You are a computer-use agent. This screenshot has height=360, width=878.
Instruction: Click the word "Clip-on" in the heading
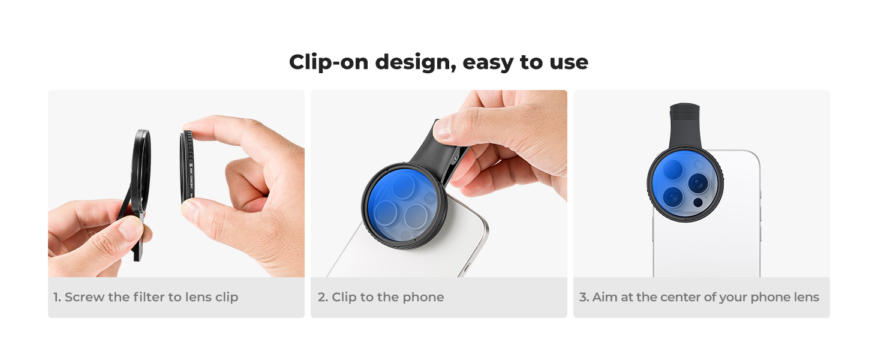tap(329, 62)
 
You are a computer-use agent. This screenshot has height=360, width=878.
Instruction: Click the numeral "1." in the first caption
tap(57, 297)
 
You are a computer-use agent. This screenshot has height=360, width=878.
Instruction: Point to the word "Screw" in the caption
tap(85, 297)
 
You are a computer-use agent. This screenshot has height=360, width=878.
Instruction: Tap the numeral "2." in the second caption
tap(323, 297)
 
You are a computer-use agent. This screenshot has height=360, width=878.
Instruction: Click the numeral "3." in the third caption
tap(584, 297)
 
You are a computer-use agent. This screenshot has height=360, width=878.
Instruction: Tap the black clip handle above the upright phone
tap(685, 125)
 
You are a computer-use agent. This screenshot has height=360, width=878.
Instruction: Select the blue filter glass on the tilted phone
tap(404, 205)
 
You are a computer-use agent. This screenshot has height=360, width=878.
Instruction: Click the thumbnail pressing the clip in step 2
tap(442, 128)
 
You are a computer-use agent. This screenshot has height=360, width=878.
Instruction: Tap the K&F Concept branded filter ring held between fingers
tap(188, 167)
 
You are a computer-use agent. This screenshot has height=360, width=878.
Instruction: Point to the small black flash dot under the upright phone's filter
tap(697, 203)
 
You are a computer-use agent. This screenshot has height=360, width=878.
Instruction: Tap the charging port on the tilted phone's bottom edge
tap(467, 268)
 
